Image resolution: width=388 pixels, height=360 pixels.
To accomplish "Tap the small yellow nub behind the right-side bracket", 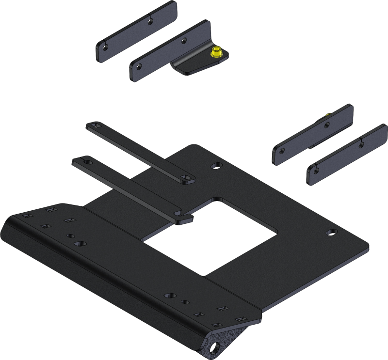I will click(x=330, y=114).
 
